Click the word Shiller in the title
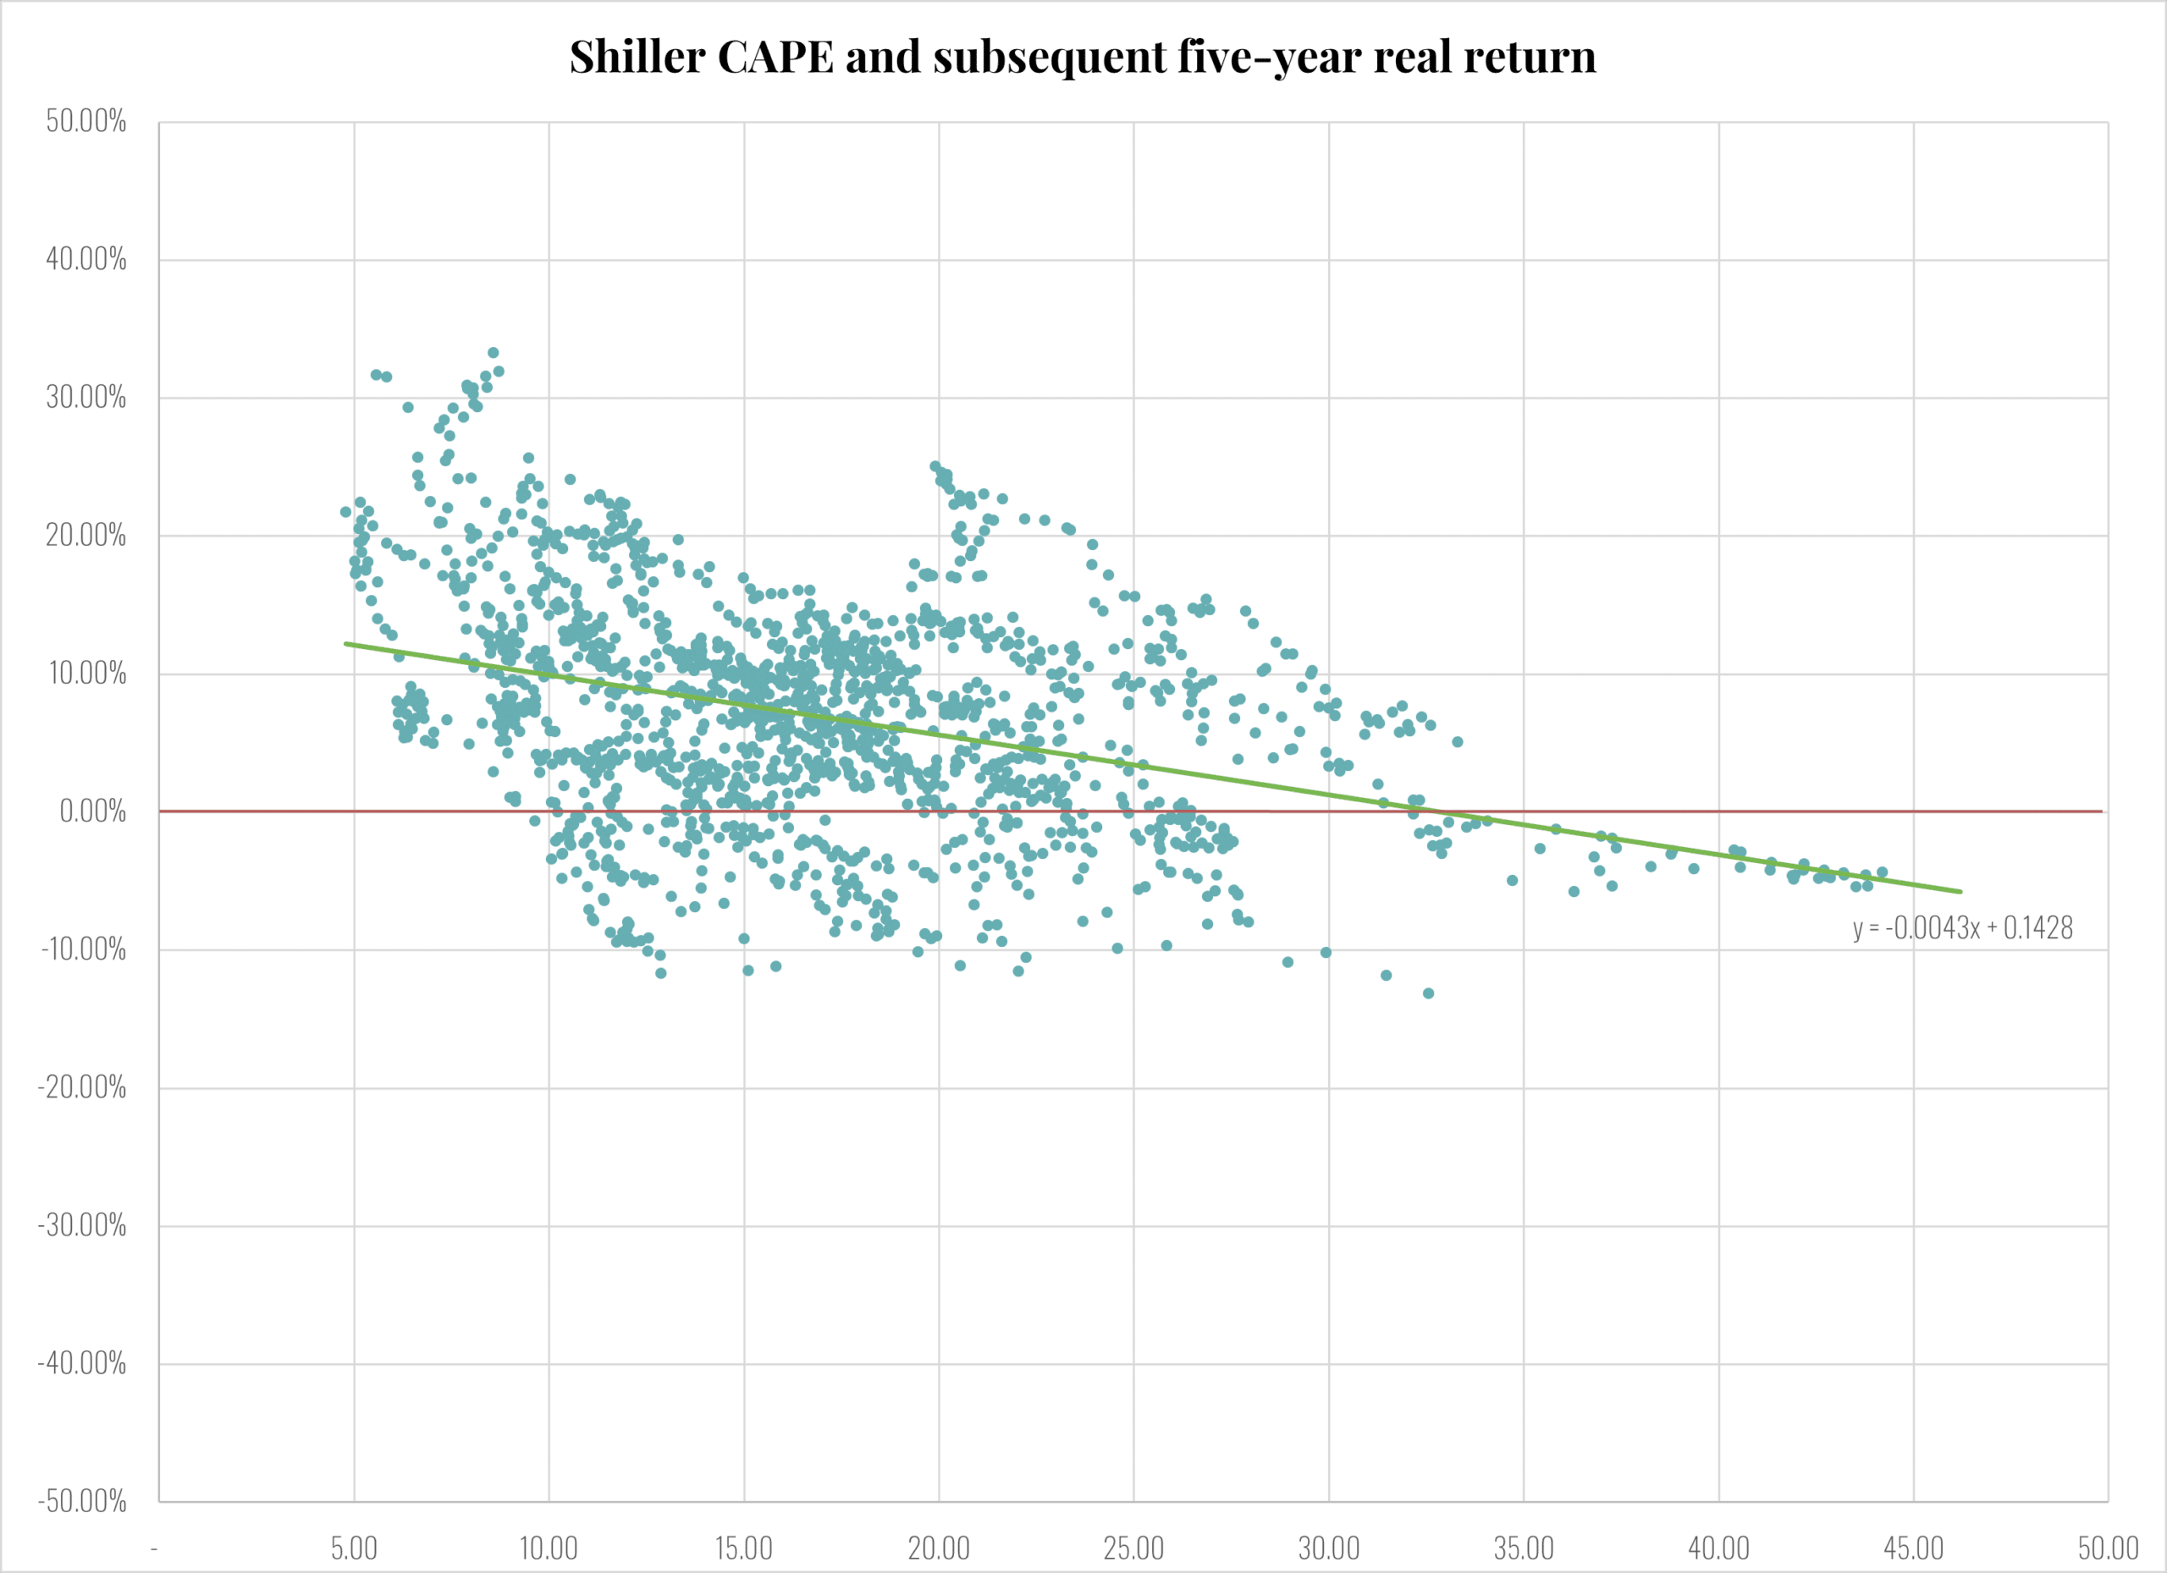pyautogui.click(x=637, y=58)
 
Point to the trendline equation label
pyautogui.click(x=1962, y=927)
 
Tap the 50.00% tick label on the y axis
pyautogui.click(x=86, y=121)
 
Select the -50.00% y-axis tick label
pyautogui.click(x=82, y=1500)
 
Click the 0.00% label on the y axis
pyautogui.click(x=92, y=811)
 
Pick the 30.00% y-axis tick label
pyautogui.click(x=86, y=398)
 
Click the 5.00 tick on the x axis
pyautogui.click(x=354, y=1548)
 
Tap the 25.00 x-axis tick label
pyautogui.click(x=1133, y=1548)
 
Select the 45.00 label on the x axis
pyautogui.click(x=1913, y=1548)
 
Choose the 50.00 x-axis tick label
pyautogui.click(x=2108, y=1548)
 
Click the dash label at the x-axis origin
pyautogui.click(x=154, y=1548)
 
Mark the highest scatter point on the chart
pyautogui.click(x=493, y=352)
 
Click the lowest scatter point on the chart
pyautogui.click(x=1428, y=993)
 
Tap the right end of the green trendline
pyautogui.click(x=1960, y=891)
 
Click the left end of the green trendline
pyautogui.click(x=346, y=644)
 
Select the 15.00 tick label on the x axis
pyautogui.click(x=743, y=1548)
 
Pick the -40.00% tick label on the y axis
pyautogui.click(x=82, y=1363)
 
